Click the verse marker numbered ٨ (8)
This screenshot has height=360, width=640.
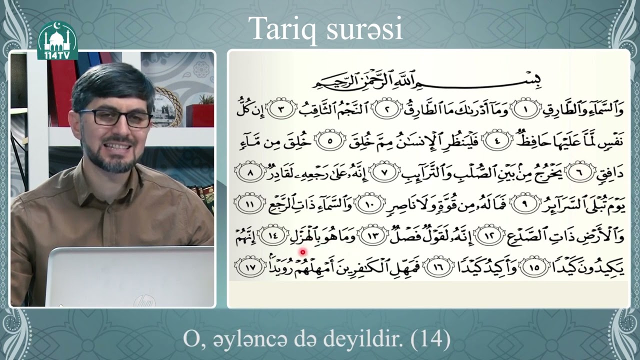[250, 173]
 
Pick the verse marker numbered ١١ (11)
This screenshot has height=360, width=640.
[250, 204]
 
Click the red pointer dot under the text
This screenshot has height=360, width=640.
[302, 252]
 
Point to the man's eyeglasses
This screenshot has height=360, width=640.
[116, 117]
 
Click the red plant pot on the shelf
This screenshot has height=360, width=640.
[200, 114]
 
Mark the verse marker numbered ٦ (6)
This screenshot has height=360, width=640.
[582, 173]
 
